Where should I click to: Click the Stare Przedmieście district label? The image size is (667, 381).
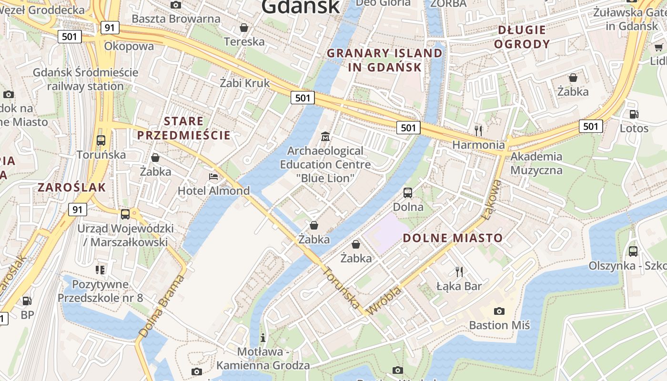[184, 128]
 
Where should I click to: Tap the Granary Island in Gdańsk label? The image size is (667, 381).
[384, 60]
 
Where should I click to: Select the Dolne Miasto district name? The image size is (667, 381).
[453, 238]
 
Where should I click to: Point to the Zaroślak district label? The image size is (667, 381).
[71, 187]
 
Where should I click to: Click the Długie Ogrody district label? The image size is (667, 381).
[522, 37]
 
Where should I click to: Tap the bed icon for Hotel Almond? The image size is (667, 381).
[213, 177]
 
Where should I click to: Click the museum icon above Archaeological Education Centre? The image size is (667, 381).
[325, 137]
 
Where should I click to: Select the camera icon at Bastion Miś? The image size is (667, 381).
[499, 311]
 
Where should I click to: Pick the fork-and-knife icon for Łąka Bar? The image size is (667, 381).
[459, 272]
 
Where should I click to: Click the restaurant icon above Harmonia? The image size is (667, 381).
[478, 130]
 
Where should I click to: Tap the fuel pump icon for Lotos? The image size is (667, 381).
[634, 114]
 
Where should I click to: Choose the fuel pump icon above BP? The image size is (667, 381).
[27, 301]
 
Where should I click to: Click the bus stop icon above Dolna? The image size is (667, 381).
[408, 193]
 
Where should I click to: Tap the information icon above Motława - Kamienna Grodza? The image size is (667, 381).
[263, 338]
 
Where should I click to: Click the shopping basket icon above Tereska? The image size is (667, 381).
[244, 28]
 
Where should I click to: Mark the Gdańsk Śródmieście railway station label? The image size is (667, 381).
[85, 80]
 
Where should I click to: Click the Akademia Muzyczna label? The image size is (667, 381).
[536, 163]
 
